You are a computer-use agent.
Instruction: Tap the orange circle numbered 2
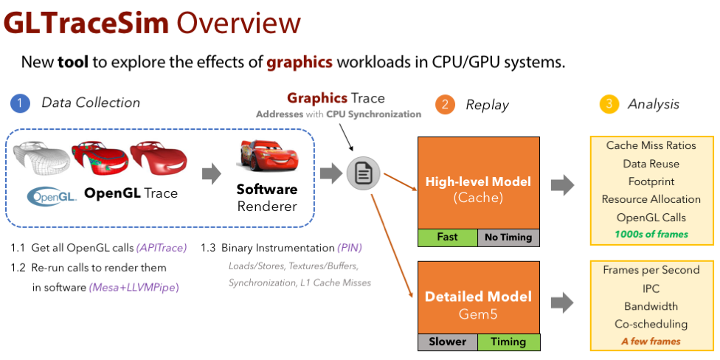(445, 104)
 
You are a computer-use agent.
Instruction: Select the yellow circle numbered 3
(608, 104)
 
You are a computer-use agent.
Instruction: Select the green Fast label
(447, 237)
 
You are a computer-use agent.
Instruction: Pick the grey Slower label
(447, 342)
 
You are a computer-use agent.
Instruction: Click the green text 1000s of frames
(651, 234)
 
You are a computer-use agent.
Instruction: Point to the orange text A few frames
(651, 341)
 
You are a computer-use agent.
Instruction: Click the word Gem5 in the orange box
(478, 314)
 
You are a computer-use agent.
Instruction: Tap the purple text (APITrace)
(162, 247)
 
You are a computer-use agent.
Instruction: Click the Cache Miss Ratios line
(651, 145)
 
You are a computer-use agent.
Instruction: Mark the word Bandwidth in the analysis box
(651, 305)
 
